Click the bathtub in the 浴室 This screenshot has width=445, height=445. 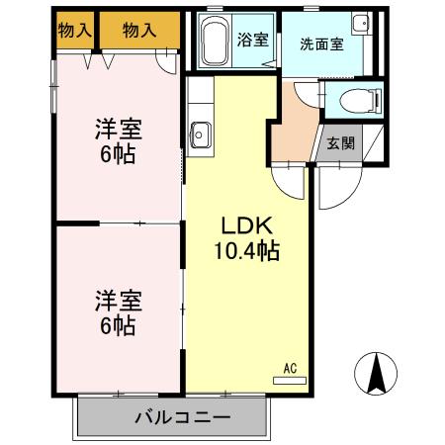[x=214, y=42]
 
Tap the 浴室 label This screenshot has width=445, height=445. [x=253, y=41]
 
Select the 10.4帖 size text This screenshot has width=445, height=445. [x=247, y=250]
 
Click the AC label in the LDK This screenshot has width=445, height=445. [x=290, y=368]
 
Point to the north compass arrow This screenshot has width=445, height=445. [x=376, y=372]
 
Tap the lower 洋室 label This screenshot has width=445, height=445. [x=117, y=299]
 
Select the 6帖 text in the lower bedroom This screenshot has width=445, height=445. [x=117, y=325]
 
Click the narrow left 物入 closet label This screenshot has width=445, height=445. [x=75, y=31]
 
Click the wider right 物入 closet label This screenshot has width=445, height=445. [x=139, y=31]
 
